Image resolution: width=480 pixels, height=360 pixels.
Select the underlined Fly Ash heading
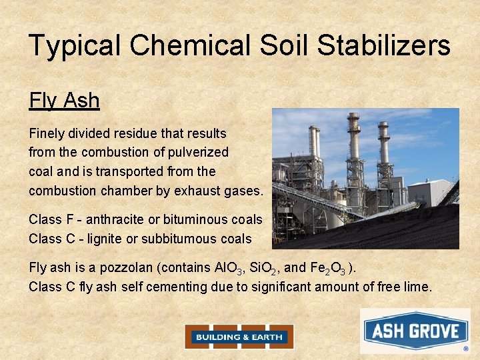64,101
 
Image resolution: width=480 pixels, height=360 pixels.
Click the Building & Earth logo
239,337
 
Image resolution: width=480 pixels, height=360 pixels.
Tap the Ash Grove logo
415,331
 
